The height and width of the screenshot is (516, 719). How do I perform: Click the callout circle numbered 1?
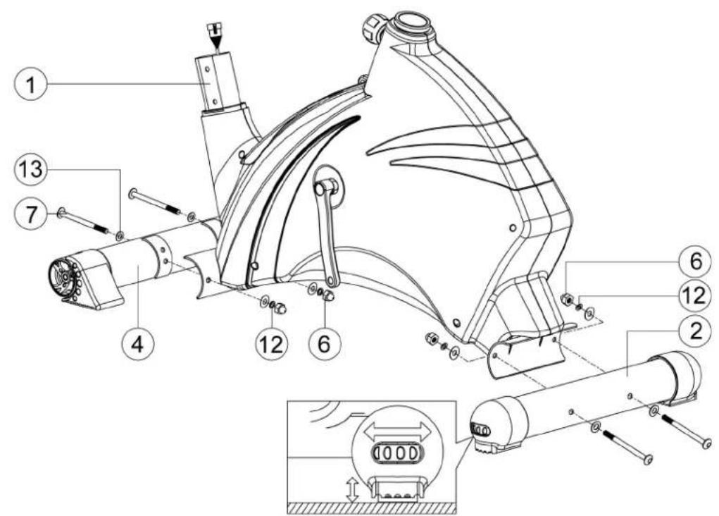click(30, 85)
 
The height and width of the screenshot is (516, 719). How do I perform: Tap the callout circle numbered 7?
click(30, 214)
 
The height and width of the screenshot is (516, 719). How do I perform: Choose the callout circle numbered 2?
click(696, 331)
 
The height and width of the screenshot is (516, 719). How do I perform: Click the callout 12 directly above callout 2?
click(696, 295)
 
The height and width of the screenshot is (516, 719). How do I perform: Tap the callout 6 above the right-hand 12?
click(696, 262)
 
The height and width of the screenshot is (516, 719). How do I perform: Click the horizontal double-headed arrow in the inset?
click(397, 431)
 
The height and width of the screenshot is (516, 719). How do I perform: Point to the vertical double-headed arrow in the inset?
click(352, 489)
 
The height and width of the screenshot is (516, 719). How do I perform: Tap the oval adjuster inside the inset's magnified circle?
click(397, 453)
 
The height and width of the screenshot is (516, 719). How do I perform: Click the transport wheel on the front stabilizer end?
click(61, 276)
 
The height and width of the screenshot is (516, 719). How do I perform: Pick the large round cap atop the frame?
click(411, 25)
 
